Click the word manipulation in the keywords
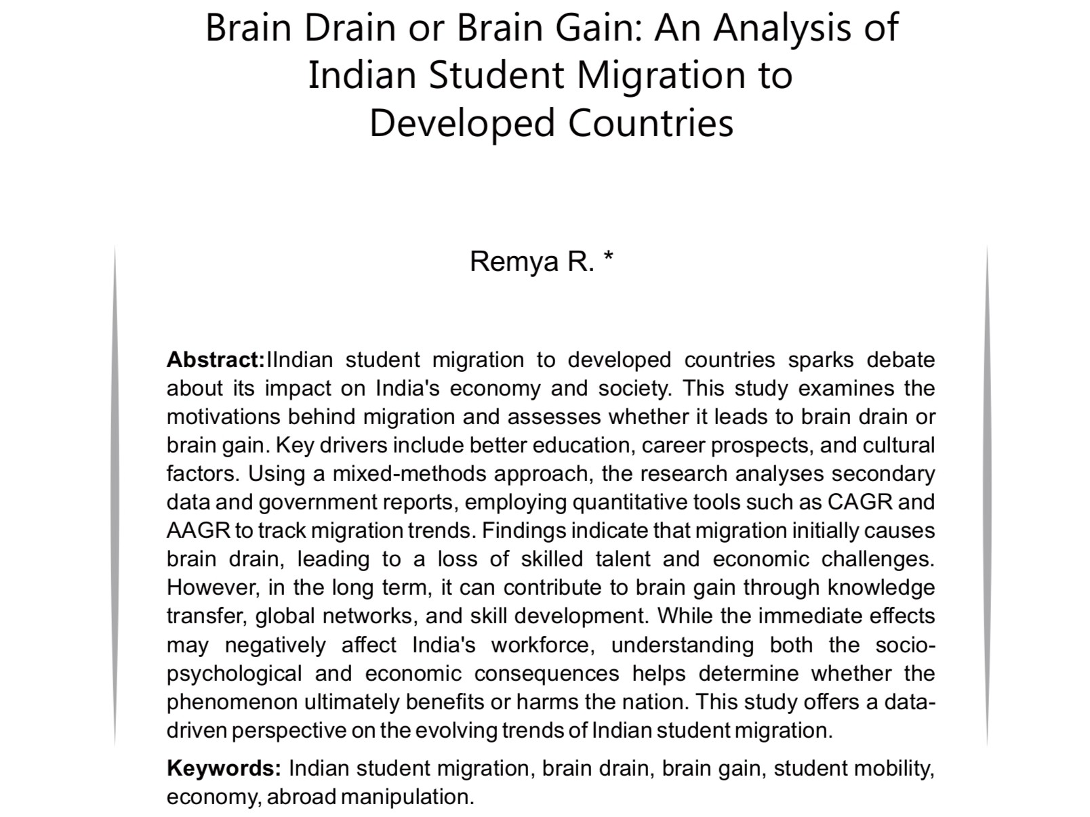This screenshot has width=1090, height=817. click(x=407, y=797)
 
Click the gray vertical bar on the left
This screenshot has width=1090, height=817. click(x=115, y=495)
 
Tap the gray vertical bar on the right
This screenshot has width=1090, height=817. click(x=986, y=495)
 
